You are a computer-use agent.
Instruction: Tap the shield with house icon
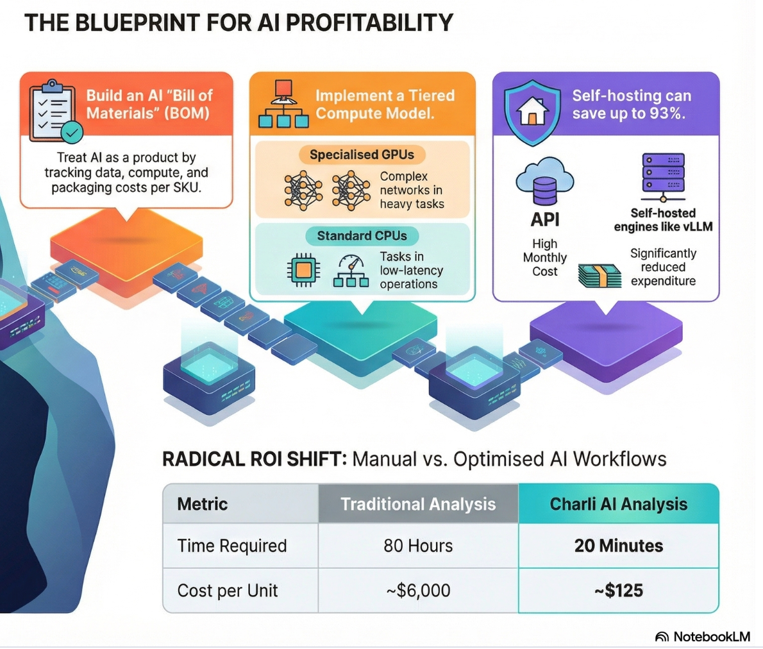[x=532, y=112]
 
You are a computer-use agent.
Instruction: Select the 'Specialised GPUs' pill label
[x=362, y=155]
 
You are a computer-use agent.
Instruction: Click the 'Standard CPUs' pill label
[x=362, y=235]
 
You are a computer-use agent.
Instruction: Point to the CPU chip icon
[x=304, y=269]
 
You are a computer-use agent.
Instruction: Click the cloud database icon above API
[x=544, y=181]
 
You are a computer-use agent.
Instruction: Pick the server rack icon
[x=663, y=177]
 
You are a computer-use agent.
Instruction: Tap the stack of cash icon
[x=599, y=276]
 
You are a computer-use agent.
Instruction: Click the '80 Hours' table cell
[x=418, y=546]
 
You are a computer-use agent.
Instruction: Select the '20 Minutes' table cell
[x=619, y=546]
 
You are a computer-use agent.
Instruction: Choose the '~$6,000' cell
[x=418, y=591]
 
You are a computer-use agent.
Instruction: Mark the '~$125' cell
[x=619, y=591]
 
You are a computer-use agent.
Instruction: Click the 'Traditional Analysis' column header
[x=418, y=504]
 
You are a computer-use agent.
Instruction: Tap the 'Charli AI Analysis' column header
[x=619, y=504]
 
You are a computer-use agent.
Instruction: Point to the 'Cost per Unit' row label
[x=227, y=591]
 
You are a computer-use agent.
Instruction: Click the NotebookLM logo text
[x=712, y=636]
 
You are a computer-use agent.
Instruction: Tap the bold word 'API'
[x=544, y=219]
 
